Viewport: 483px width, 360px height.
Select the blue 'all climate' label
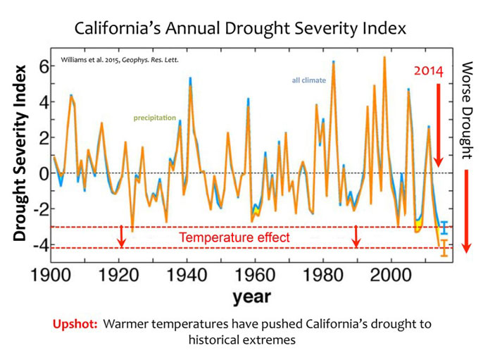(309, 80)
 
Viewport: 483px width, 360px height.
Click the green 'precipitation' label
(155, 118)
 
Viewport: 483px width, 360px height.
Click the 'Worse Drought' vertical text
(468, 110)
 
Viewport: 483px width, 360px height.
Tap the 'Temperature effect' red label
(234, 237)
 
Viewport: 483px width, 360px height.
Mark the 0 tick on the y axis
(42, 173)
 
